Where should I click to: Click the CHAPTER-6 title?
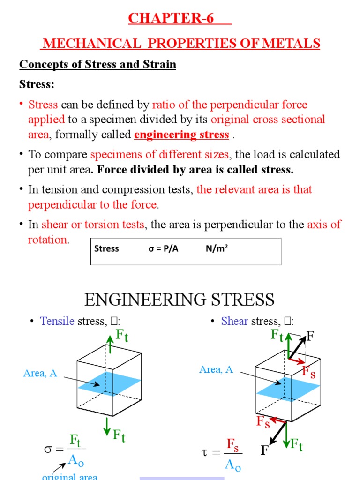[x=171, y=18]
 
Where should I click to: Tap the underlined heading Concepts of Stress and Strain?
[x=97, y=65]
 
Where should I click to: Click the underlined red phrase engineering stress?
[x=181, y=135]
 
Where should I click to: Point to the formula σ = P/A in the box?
[x=163, y=248]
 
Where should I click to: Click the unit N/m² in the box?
[x=217, y=248]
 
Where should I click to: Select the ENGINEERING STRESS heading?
[x=180, y=299]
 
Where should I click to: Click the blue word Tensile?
[x=57, y=321]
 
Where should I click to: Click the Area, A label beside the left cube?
[x=40, y=374]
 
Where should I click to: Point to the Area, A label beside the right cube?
[x=216, y=369]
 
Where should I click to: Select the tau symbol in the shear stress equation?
[x=203, y=452]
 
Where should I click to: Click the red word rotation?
[x=48, y=240]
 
